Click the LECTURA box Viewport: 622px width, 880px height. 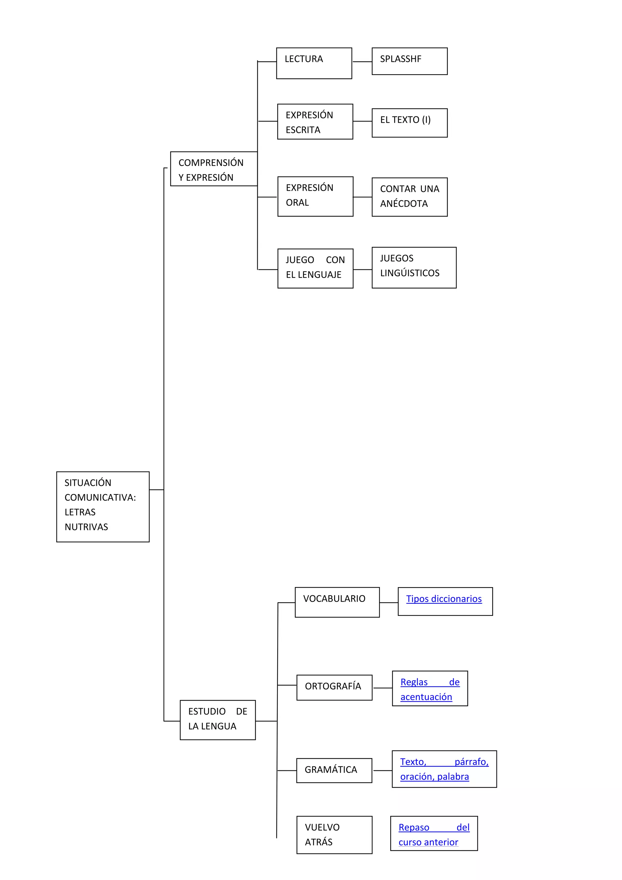pyautogui.click(x=314, y=63)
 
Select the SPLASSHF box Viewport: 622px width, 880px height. pyautogui.click(x=409, y=61)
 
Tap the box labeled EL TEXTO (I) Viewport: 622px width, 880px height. pyautogui.click(x=409, y=123)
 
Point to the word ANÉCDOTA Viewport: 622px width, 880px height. pyautogui.click(x=404, y=204)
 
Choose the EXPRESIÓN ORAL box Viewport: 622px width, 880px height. pyautogui.click(x=315, y=196)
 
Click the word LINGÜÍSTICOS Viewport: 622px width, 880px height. pyautogui.click(x=409, y=273)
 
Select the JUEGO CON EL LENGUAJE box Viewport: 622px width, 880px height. pyautogui.click(x=315, y=268)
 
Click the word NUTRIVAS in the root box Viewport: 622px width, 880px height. pyautogui.click(x=86, y=527)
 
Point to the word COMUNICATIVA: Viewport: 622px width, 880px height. pyautogui.click(x=100, y=497)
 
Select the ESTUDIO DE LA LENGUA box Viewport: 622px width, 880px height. pyautogui.click(x=217, y=720)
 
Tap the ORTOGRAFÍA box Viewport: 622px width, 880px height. pyautogui.click(x=334, y=688)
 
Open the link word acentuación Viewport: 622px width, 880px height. pyautogui.click(x=426, y=697)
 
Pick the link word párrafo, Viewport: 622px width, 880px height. pyautogui.click(x=471, y=761)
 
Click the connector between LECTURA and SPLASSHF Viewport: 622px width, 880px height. pyautogui.click(x=362, y=62)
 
